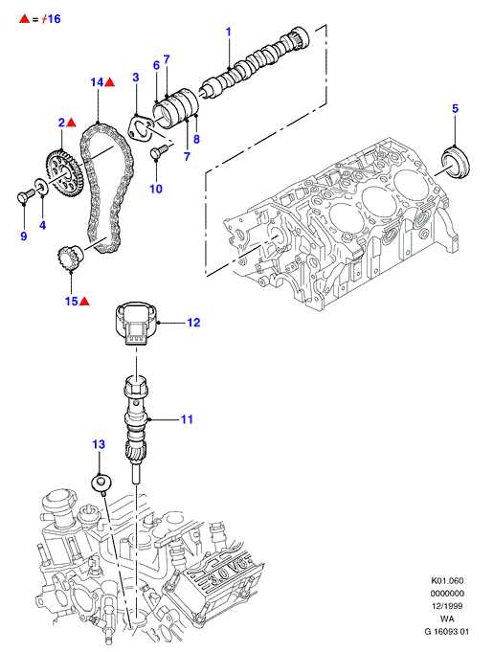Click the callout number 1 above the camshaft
click(228, 32)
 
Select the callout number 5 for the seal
click(455, 108)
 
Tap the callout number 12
click(193, 323)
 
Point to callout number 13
click(99, 444)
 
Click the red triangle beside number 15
click(84, 301)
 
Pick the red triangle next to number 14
click(109, 82)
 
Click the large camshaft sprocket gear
click(64, 172)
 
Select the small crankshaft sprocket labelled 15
click(70, 258)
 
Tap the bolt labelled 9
click(25, 196)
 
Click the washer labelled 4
click(41, 186)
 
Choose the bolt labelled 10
click(158, 151)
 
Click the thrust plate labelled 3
click(140, 127)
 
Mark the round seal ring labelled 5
click(455, 162)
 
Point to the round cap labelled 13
click(101, 484)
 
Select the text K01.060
click(447, 580)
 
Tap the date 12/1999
click(447, 606)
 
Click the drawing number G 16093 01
click(446, 631)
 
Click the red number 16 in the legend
click(53, 19)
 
